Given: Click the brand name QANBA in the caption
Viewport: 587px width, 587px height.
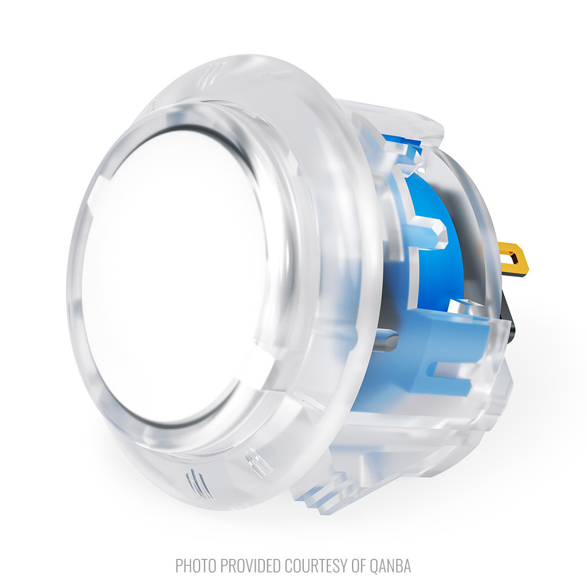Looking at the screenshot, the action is pos(390,565).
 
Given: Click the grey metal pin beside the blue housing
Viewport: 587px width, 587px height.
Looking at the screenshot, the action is pos(389,339).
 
